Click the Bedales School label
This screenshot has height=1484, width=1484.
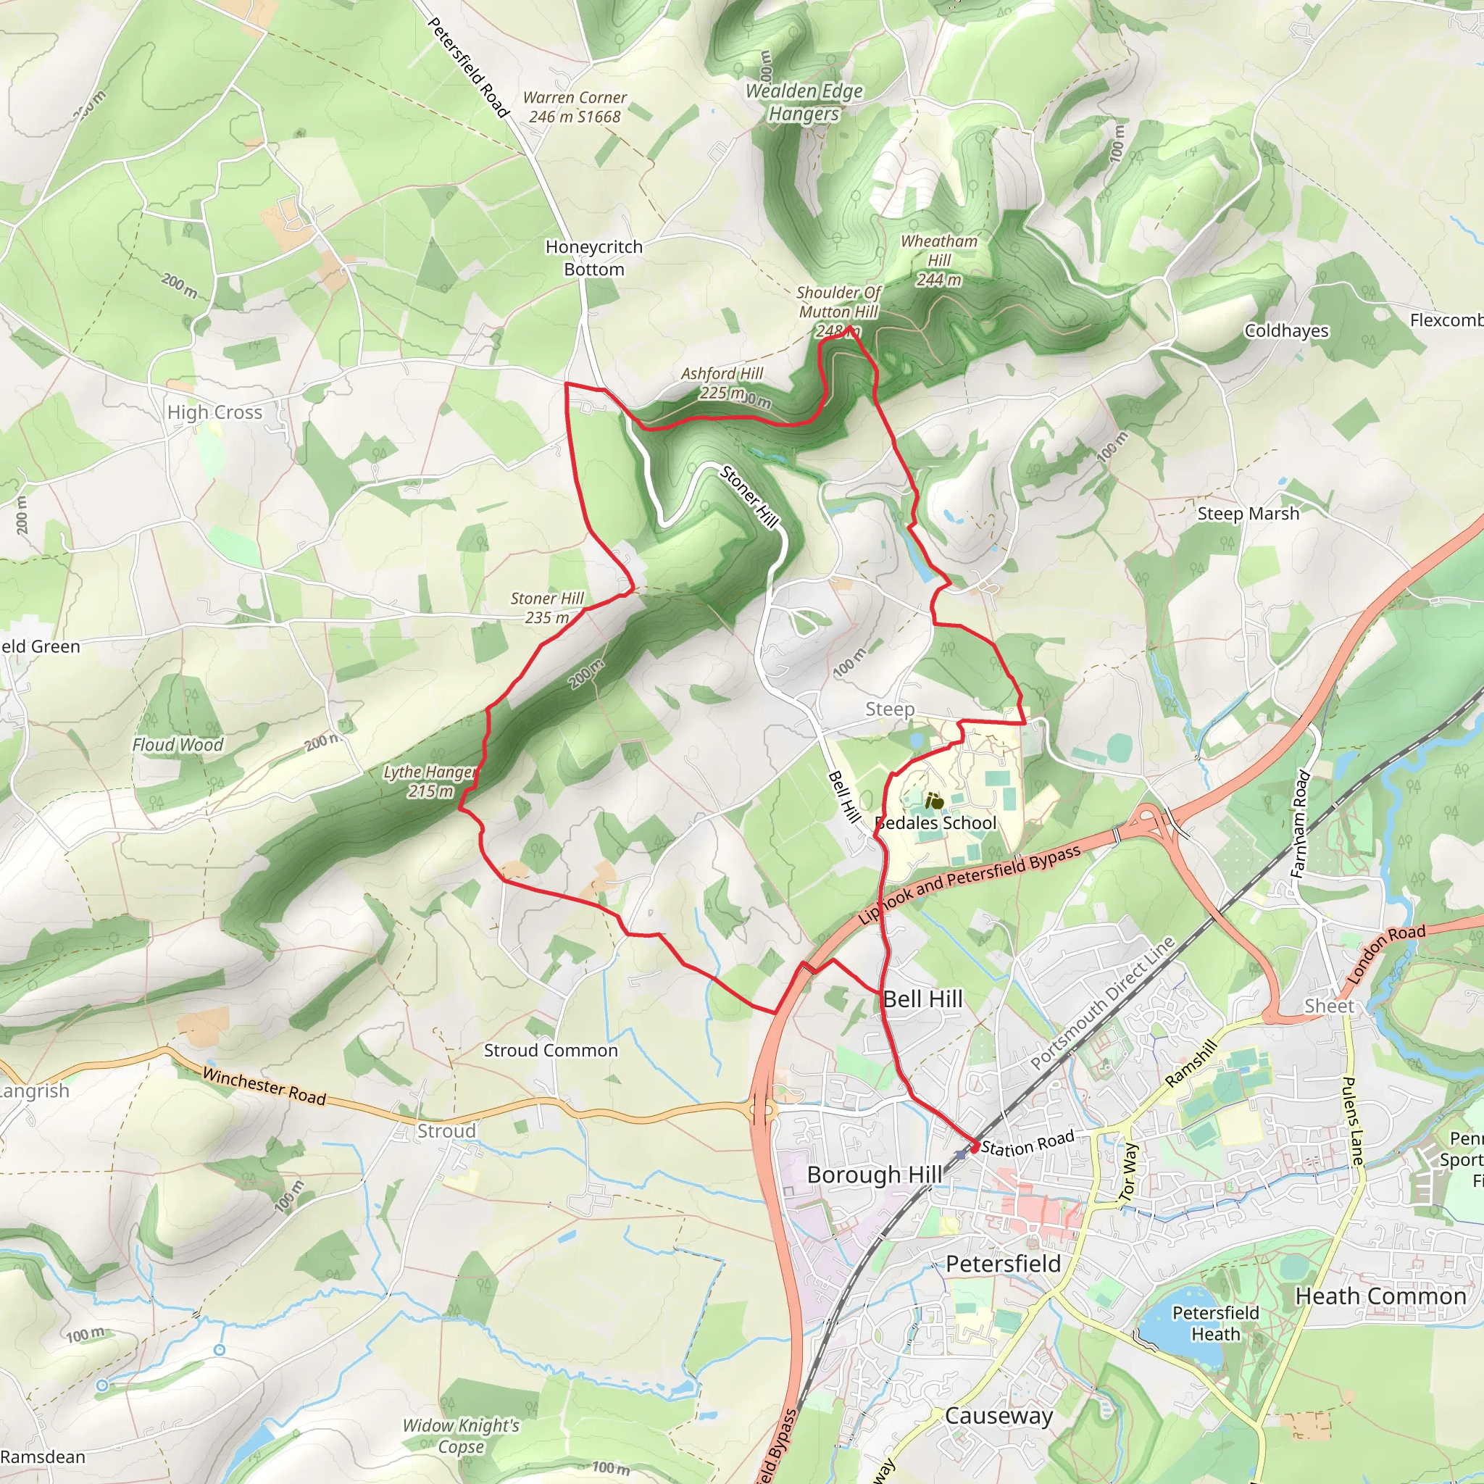click(x=935, y=822)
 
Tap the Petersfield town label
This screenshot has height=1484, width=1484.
click(x=1002, y=1264)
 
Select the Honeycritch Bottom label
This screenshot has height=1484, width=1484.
click(x=593, y=258)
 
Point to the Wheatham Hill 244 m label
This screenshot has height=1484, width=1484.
click(x=938, y=260)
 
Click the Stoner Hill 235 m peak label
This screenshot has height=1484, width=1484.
click(x=547, y=607)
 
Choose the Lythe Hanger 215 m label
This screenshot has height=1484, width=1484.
click(x=430, y=781)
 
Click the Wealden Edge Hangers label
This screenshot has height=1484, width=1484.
click(x=804, y=102)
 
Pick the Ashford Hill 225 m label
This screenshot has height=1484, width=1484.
click(x=722, y=383)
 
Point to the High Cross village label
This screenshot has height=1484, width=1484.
click(x=215, y=412)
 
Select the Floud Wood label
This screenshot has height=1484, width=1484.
click(x=178, y=744)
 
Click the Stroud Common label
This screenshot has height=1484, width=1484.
click(x=551, y=1050)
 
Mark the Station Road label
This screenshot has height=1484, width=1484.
click(x=1027, y=1143)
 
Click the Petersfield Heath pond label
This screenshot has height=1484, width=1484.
click(x=1215, y=1322)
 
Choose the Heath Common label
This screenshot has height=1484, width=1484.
click(x=1380, y=1296)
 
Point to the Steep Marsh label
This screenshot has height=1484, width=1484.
click(x=1249, y=513)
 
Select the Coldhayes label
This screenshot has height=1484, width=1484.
click(x=1286, y=330)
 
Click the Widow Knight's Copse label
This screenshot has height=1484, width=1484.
click(x=461, y=1435)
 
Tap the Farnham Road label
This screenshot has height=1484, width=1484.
click(x=1299, y=823)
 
